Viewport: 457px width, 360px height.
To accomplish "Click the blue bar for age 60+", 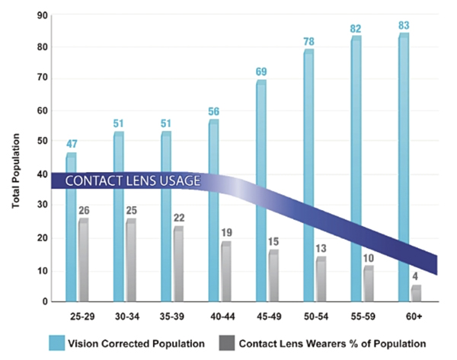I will (x=404, y=167).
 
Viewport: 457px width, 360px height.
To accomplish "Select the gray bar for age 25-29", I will (x=82, y=259).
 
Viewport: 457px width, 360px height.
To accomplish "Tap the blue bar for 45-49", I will (x=261, y=190).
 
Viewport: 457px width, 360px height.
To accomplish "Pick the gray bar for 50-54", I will (x=321, y=279).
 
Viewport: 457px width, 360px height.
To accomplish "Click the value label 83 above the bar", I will (x=404, y=25).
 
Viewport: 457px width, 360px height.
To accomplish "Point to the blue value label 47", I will (x=71, y=144).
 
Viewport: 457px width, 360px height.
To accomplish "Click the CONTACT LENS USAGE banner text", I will (x=133, y=182).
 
